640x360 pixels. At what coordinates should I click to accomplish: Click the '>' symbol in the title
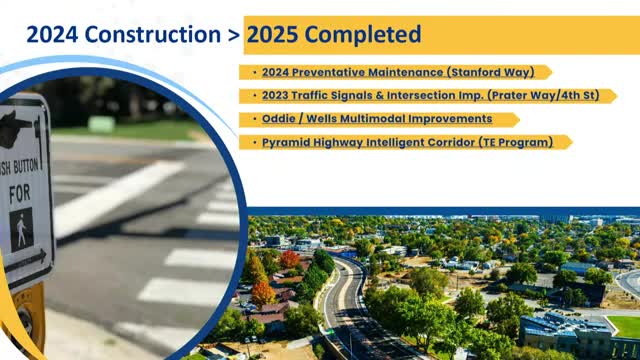click(231, 35)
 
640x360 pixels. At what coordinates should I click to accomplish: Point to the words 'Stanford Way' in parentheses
click(500, 72)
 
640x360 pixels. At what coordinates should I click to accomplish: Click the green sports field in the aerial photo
click(624, 326)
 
